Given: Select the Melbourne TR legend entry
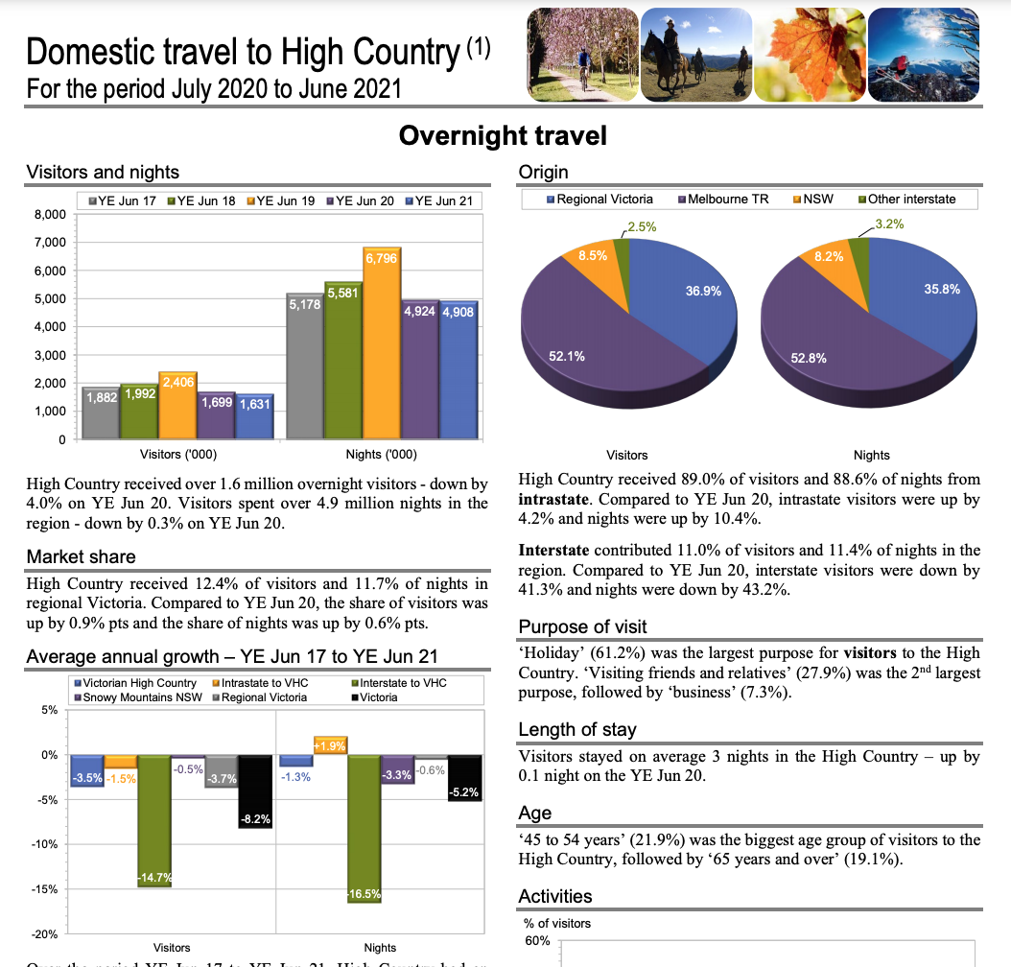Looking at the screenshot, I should point(723,200).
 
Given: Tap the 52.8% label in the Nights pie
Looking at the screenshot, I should point(809,358).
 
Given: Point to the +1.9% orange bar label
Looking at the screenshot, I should point(329,745).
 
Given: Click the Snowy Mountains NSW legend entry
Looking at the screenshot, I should point(133,697).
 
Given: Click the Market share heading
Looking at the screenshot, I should point(82,556).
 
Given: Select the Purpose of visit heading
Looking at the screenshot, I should point(582,626).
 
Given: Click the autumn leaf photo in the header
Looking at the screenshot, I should point(808,55).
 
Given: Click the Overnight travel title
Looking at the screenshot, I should point(503,135).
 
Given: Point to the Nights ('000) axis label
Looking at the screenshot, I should point(381,455).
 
